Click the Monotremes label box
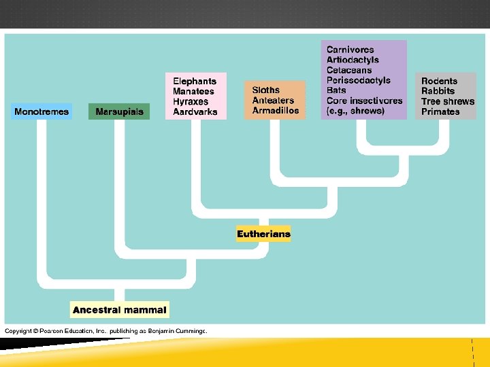(42, 111)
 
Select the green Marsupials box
(119, 111)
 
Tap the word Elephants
(195, 81)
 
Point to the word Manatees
(193, 91)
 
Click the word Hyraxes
(191, 101)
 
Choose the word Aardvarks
(195, 111)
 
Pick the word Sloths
(266, 90)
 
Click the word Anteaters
(273, 100)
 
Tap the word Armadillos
(276, 110)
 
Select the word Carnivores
(350, 50)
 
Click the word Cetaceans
(349, 70)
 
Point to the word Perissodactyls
(359, 80)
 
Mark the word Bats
(336, 90)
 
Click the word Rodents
(439, 81)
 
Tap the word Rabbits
(438, 91)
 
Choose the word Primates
(440, 111)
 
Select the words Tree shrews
(448, 101)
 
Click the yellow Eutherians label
(263, 234)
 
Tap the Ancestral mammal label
(119, 310)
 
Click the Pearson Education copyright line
(105, 331)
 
